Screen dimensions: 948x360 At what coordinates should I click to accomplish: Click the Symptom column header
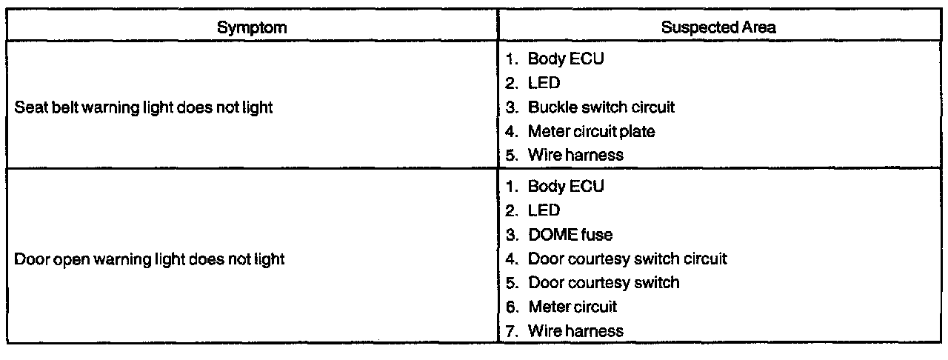pyautogui.click(x=253, y=27)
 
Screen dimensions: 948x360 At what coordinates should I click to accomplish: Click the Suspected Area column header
pyautogui.click(x=718, y=27)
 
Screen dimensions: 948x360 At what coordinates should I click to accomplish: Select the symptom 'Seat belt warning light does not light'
pyautogui.click(x=144, y=107)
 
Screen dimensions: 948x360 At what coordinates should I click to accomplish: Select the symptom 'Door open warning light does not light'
pyautogui.click(x=150, y=259)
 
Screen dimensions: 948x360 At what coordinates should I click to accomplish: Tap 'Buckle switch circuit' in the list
pyautogui.click(x=601, y=107)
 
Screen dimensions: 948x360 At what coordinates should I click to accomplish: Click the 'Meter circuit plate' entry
pyautogui.click(x=591, y=131)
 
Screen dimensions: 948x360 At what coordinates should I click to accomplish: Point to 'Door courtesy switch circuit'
pyautogui.click(x=627, y=259)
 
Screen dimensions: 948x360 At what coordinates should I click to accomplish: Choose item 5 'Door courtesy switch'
pyautogui.click(x=603, y=282)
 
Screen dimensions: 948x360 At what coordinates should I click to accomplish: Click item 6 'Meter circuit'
pyautogui.click(x=572, y=306)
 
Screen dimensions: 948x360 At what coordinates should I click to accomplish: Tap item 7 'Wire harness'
pyautogui.click(x=575, y=330)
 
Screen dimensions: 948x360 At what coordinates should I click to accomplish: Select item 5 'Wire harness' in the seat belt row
pyautogui.click(x=575, y=155)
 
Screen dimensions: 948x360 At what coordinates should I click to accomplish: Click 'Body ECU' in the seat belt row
pyautogui.click(x=565, y=59)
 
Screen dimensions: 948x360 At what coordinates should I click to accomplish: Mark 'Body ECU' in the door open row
pyautogui.click(x=565, y=187)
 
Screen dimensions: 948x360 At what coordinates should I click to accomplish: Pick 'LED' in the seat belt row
pyautogui.click(x=544, y=84)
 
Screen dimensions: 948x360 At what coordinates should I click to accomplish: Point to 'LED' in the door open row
pyautogui.click(x=544, y=211)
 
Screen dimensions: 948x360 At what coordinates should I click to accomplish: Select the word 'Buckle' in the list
pyautogui.click(x=549, y=107)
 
